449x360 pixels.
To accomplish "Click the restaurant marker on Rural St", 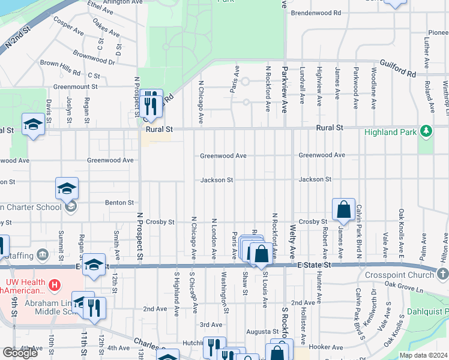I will pos(151,103).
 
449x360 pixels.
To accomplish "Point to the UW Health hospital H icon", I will pos(55,283).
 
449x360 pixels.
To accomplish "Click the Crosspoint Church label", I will pos(399,275).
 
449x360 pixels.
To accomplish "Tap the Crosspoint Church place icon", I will pos(442,274).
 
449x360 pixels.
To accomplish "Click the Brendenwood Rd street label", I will pos(316,13).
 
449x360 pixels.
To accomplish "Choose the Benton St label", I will pos(119,203).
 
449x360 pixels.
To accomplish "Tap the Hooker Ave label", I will pos(326,347).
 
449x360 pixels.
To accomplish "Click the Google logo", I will pos(20,353).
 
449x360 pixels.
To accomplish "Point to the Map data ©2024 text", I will pos(424,355).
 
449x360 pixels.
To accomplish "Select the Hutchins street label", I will pos(193,343).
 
